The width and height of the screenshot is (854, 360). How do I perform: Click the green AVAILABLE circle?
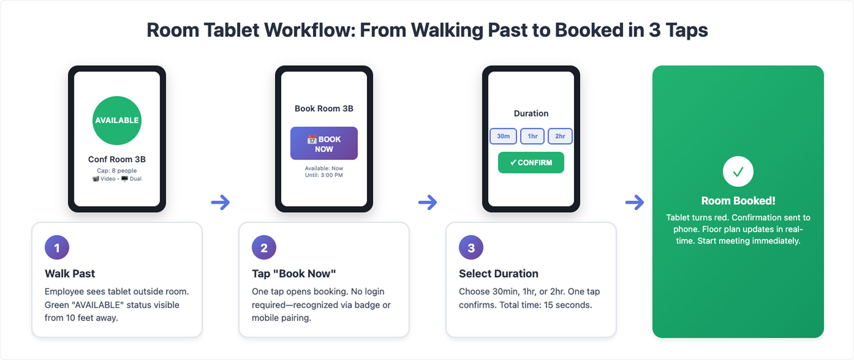click(117, 120)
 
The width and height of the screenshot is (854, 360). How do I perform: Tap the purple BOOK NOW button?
click(324, 143)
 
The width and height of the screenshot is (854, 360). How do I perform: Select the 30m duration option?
click(503, 136)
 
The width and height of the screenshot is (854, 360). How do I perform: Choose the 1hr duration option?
click(532, 136)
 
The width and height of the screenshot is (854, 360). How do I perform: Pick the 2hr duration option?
click(560, 136)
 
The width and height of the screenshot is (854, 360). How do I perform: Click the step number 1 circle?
click(57, 248)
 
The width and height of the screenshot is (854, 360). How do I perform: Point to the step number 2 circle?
click(264, 248)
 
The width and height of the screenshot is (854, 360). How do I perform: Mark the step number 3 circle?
click(471, 248)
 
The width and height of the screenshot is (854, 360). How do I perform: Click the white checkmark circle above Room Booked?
click(738, 171)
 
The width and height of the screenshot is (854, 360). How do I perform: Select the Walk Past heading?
click(70, 274)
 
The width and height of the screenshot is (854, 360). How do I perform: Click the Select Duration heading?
click(498, 274)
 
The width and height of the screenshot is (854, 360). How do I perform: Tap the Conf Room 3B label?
click(117, 159)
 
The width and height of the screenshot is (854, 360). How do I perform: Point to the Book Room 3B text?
click(324, 108)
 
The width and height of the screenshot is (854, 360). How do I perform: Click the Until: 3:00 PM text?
click(324, 175)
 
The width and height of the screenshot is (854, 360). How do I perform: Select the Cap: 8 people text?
click(117, 170)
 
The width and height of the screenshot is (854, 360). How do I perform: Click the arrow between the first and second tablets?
click(220, 202)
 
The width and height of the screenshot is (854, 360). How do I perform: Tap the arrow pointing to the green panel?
click(634, 202)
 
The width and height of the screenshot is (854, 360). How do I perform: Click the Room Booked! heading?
click(738, 200)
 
